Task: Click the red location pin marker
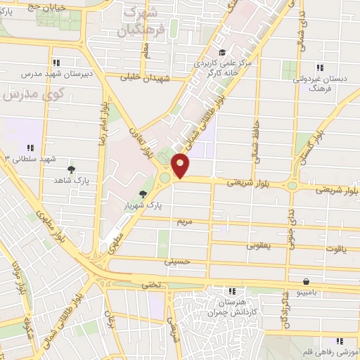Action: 181,166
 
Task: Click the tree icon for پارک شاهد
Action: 71,169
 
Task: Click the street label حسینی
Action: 177,261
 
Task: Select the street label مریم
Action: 184,221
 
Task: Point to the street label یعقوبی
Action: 259,246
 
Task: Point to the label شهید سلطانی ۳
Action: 28,159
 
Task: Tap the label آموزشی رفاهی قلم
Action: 331,351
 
